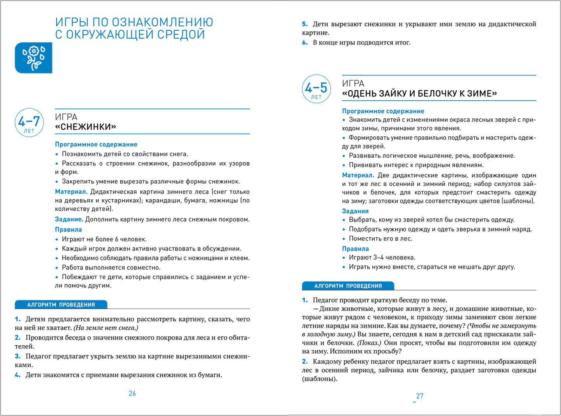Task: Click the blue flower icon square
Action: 33,58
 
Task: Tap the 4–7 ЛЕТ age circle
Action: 29,123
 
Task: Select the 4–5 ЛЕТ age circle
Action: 316,89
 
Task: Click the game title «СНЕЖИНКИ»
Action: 86,127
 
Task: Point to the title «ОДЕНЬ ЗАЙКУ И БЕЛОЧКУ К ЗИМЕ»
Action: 419,94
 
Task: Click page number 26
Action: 132,393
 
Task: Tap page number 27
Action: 420,396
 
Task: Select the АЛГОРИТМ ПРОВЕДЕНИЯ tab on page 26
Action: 61,305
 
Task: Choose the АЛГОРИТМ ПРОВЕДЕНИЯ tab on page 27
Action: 348,286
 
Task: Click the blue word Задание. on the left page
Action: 69,219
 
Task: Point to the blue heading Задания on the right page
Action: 355,211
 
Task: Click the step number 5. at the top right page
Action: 305,24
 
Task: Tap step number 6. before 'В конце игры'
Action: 305,43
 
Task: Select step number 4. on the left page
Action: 18,375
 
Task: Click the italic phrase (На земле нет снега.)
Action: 106,328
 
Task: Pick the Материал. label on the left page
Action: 71,192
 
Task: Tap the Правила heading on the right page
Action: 355,249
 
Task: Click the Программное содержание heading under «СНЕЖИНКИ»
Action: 96,144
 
